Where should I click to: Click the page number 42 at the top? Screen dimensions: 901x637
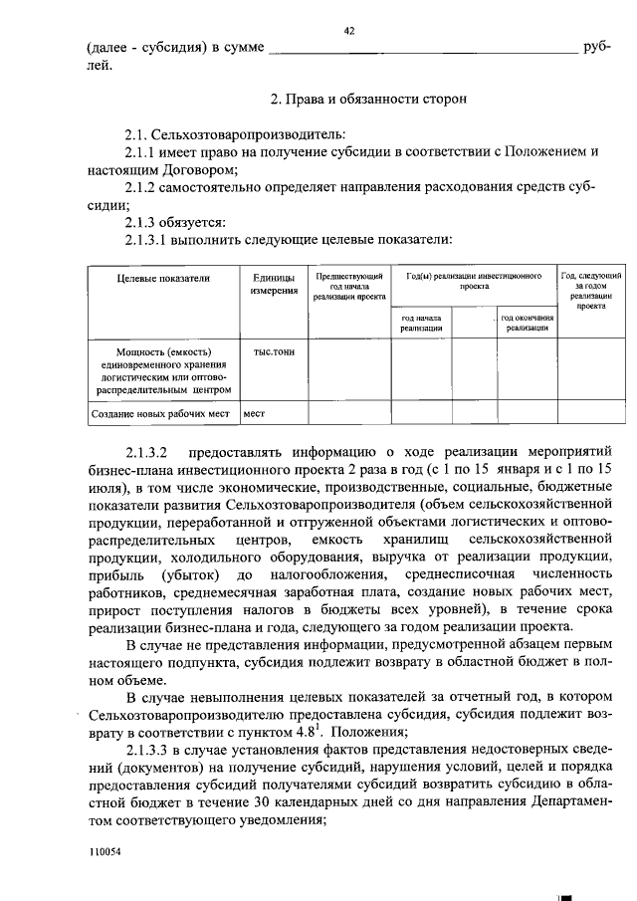pos(349,31)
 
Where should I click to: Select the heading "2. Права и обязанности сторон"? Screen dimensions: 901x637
pos(362,100)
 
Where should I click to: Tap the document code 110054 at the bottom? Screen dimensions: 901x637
pos(103,853)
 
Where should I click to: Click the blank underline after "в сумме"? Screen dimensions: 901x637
pos(423,48)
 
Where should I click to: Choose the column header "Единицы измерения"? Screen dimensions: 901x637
pos(273,285)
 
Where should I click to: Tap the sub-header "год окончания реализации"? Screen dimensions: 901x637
pos(527,323)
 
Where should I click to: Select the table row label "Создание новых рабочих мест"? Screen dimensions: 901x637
pos(160,412)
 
